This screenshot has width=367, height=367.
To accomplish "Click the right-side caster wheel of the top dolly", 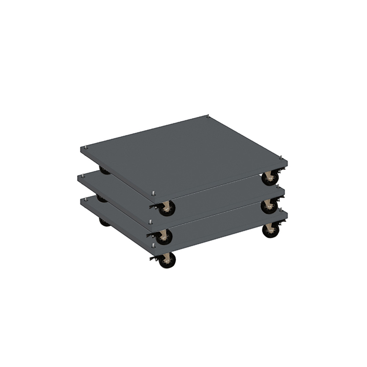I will click(x=270, y=179).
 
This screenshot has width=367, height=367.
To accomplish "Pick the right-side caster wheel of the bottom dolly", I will click(x=271, y=232).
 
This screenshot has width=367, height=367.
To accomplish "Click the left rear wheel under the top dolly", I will click(x=105, y=171).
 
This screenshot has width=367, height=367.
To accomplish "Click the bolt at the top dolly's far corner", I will click(x=208, y=116).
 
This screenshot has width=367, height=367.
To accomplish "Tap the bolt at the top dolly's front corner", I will click(x=153, y=192).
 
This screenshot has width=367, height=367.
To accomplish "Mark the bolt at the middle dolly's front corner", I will click(x=150, y=222).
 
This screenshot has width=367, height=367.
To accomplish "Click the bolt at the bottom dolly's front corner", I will click(x=153, y=244).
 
